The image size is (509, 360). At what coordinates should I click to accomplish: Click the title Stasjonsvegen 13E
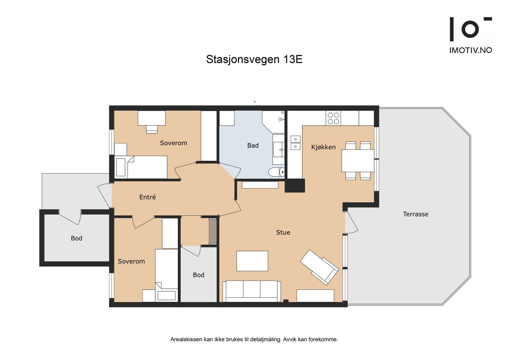point(254,60)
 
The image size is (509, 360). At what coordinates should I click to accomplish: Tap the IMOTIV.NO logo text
point(471,50)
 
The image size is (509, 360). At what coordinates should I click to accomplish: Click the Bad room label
point(253,145)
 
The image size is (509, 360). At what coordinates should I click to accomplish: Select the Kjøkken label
point(323,147)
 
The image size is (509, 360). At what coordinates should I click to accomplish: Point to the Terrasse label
point(415,214)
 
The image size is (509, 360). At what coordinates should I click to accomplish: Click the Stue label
point(283,232)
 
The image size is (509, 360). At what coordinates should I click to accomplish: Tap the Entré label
point(148,197)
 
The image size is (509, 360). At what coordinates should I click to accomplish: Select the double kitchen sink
point(295,143)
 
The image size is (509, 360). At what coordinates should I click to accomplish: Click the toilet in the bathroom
point(275,172)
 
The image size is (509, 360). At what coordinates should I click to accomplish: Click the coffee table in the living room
point(252,261)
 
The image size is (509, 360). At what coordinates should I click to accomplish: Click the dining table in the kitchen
point(358,160)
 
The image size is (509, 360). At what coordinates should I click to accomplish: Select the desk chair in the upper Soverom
point(152,129)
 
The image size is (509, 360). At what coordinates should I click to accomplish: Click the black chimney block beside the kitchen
point(295,186)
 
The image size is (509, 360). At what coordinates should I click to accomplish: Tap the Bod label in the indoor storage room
point(199,275)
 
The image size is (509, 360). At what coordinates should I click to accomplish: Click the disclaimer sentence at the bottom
point(254,339)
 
